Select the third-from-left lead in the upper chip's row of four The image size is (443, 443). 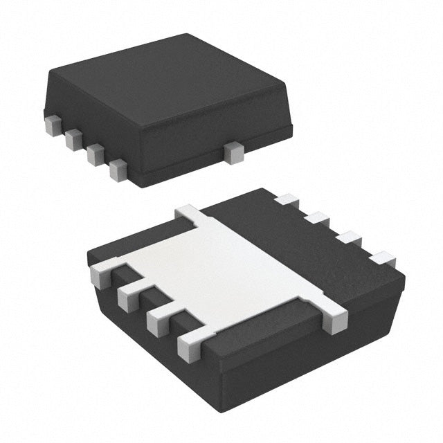(96, 154)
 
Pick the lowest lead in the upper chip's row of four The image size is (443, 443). (118, 170)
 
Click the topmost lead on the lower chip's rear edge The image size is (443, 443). (286, 201)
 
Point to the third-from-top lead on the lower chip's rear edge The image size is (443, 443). (350, 239)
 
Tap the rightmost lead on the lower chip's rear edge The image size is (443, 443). (382, 260)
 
